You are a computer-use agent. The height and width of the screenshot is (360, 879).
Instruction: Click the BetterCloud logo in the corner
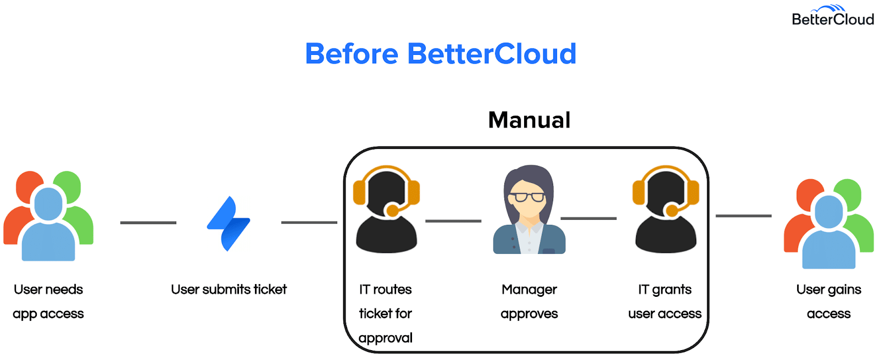(x=833, y=15)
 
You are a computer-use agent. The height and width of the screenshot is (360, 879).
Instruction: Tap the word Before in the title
(x=352, y=54)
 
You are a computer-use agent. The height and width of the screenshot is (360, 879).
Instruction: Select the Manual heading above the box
(x=529, y=120)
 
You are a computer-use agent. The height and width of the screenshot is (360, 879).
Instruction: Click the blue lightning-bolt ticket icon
(x=229, y=223)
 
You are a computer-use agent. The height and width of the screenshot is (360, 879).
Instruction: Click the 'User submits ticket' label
(x=229, y=290)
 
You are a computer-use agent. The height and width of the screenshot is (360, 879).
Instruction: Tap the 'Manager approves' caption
(x=529, y=302)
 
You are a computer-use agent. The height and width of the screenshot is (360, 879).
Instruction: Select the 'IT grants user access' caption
(x=665, y=302)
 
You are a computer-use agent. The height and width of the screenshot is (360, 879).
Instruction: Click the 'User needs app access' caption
(x=48, y=302)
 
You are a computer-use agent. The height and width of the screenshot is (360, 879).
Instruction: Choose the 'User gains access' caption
(x=829, y=302)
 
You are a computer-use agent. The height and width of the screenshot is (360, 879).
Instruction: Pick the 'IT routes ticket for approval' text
(x=385, y=314)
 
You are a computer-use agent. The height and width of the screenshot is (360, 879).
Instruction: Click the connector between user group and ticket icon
(x=148, y=223)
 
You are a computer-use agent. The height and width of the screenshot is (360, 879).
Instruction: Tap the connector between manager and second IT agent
(x=588, y=218)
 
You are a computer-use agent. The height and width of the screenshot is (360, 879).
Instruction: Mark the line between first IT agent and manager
(x=453, y=221)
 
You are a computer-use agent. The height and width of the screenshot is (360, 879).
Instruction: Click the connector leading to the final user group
(x=744, y=215)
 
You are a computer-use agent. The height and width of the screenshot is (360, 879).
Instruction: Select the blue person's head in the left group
(x=48, y=204)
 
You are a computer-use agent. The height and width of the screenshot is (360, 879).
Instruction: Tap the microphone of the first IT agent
(x=392, y=211)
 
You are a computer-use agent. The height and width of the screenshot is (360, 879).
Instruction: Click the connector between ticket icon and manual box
(x=309, y=222)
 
